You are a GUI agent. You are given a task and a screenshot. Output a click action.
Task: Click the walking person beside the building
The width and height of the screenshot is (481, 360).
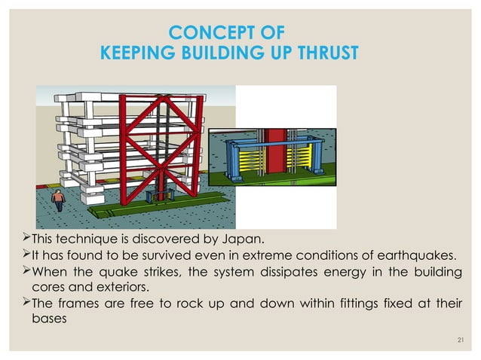click(x=58, y=200)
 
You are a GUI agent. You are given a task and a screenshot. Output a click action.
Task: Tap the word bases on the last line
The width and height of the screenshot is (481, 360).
click(x=48, y=319)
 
